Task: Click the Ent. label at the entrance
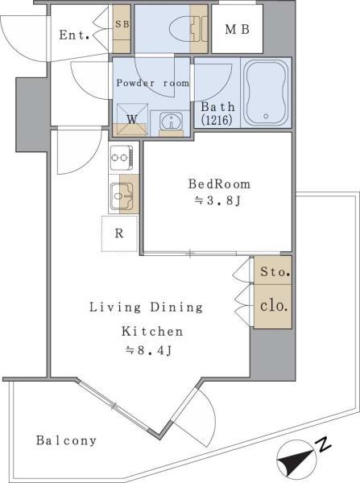click(x=74, y=35)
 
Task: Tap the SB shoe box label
click(x=122, y=24)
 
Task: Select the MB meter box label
click(x=237, y=30)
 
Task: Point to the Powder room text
click(x=152, y=83)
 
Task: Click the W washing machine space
click(x=132, y=119)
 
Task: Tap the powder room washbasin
click(x=171, y=122)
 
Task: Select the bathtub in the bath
click(x=266, y=93)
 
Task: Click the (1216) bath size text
click(x=217, y=119)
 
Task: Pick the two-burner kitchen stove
click(x=122, y=158)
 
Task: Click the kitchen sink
click(x=122, y=196)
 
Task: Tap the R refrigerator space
click(x=119, y=233)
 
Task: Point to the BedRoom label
click(x=219, y=184)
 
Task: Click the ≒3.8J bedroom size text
click(x=217, y=200)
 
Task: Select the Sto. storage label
click(x=275, y=272)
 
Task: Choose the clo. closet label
click(x=274, y=306)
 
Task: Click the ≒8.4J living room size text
click(x=148, y=350)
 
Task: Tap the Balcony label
click(x=66, y=440)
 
